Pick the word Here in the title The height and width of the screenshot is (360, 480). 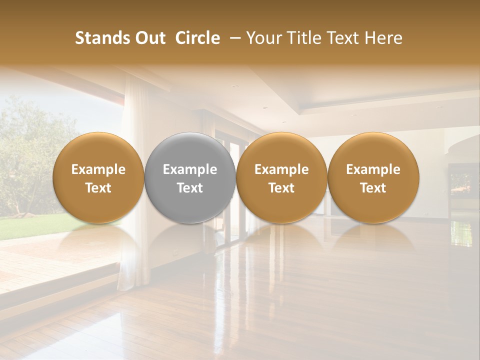[384, 38]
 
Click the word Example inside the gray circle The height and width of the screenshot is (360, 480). [190, 169]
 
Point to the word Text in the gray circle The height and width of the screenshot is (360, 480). [190, 188]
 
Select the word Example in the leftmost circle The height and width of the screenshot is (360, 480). [98, 169]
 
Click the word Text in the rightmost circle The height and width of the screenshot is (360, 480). [373, 188]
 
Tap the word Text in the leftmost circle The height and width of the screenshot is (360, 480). [98, 188]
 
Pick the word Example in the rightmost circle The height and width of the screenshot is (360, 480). [373, 169]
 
